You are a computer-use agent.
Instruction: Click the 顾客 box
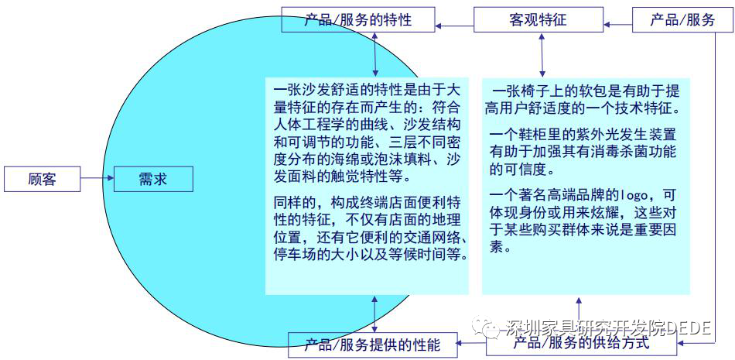43,180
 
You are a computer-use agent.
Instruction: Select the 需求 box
152,180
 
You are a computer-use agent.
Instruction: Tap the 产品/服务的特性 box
357,19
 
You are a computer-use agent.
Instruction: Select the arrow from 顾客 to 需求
97,180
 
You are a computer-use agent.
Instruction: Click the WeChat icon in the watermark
491,328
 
